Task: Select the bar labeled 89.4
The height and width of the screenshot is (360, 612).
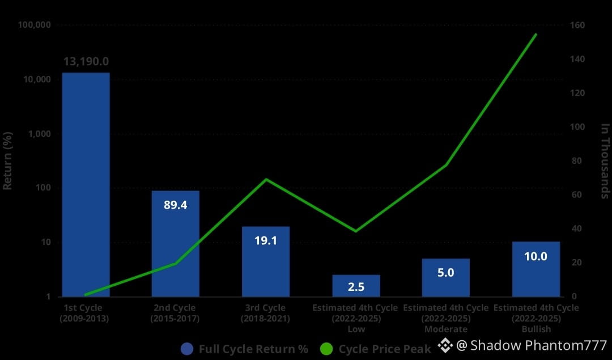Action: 175,244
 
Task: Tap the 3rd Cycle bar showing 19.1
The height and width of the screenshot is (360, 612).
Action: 265,261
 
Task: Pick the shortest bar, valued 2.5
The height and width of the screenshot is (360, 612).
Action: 356,286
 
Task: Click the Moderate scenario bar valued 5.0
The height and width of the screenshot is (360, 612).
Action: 446,278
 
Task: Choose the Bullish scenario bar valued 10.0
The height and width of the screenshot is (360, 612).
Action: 535,269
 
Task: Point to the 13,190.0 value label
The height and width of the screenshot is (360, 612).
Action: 86,61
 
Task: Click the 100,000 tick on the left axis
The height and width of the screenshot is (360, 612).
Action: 35,26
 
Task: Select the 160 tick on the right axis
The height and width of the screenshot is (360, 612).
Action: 577,26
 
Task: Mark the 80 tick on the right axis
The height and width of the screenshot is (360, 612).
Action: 575,161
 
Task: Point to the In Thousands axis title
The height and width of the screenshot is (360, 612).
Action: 605,161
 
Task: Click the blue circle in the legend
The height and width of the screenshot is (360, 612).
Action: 188,349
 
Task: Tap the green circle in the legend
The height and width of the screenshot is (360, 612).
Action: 326,349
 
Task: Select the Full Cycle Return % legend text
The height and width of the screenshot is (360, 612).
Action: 253,349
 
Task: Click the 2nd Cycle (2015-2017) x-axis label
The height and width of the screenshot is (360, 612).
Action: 175,313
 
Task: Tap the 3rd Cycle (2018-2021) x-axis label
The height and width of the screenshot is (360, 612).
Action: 265,313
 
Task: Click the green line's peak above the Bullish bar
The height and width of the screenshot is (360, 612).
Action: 535,35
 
